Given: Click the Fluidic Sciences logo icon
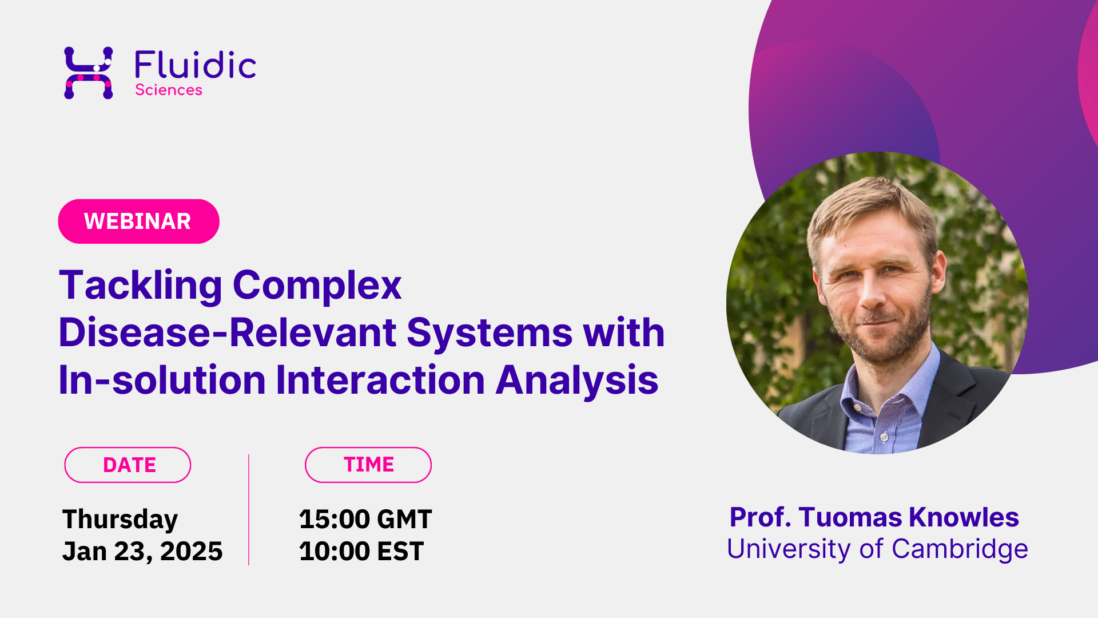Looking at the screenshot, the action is point(88,73).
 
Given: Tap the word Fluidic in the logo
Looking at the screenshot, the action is point(195,65).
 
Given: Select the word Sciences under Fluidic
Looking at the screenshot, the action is point(169,90).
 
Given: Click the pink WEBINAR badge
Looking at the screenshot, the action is point(138,221).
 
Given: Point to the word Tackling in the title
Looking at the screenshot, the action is point(141,286).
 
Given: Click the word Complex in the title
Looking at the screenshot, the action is point(317,286).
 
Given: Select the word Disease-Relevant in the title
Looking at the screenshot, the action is point(228,332).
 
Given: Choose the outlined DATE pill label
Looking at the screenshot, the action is point(128,465).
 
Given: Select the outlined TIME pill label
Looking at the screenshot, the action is point(368,465).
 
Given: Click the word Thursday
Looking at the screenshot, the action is point(120,520).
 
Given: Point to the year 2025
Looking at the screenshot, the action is point(191,551).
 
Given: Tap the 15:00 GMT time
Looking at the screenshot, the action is point(365,519).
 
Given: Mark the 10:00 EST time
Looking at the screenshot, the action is point(361,551).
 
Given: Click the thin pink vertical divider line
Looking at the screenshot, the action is point(249,510).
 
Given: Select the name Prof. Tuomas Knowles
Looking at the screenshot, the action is point(874,517).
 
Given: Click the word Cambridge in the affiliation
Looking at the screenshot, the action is point(960,549).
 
